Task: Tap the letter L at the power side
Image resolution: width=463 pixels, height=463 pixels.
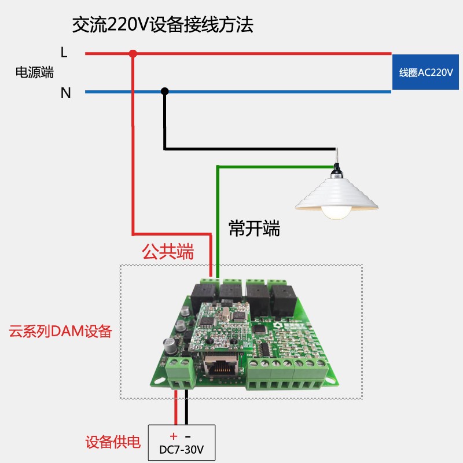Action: [64, 53]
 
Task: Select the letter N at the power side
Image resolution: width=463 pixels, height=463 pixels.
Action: [66, 92]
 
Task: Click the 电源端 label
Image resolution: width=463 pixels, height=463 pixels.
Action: [34, 73]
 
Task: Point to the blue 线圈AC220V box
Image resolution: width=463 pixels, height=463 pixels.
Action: [427, 73]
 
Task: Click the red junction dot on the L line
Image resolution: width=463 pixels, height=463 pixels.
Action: [133, 54]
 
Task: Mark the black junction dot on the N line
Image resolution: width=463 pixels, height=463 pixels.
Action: [165, 91]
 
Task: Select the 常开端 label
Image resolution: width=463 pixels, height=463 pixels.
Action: [254, 229]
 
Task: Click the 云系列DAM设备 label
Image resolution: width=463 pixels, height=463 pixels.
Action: [60, 332]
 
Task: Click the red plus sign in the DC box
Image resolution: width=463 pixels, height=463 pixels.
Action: [173, 436]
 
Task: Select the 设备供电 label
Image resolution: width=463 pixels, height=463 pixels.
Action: [113, 443]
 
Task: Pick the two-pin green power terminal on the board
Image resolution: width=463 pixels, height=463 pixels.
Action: [179, 371]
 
